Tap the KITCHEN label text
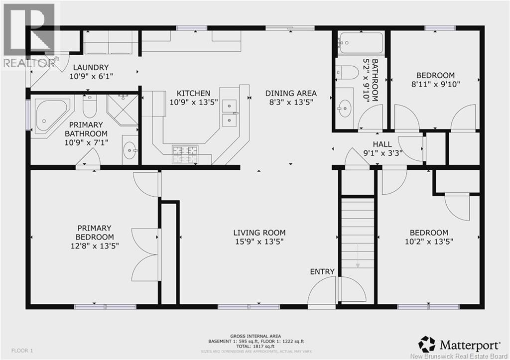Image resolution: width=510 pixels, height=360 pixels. tap(193, 93)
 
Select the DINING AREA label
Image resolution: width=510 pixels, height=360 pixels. tap(291, 93)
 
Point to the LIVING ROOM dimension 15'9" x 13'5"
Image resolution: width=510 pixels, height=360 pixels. tap(260, 242)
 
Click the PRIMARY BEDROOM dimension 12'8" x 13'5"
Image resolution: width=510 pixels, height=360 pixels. tap(95, 245)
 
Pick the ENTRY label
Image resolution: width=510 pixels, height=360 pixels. tap(322, 271)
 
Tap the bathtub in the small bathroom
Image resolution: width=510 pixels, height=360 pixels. tap(361, 43)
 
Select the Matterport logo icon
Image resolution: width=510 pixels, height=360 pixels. tap(427, 344)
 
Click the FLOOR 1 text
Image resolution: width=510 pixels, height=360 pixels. tap(22, 351)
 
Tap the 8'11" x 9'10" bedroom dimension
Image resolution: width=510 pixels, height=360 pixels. tap(435, 84)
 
